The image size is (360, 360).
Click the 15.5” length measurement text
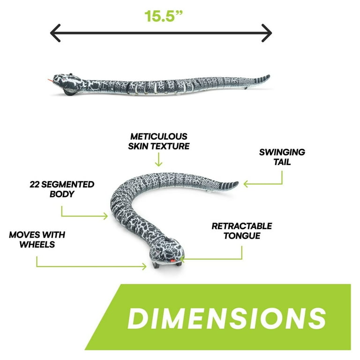coord(163,16)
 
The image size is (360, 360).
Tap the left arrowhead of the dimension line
coord(55,33)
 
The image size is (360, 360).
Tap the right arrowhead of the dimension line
coord(267,33)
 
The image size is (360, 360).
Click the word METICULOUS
coord(158,136)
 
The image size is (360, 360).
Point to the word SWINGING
coord(282,152)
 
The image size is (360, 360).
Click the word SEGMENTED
coord(67,184)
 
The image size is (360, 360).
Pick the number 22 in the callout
coord(35,184)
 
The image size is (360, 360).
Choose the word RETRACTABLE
coord(242,226)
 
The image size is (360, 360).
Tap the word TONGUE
coord(242,236)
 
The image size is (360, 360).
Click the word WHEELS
coord(37,245)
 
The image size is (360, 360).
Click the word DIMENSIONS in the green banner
coord(226,318)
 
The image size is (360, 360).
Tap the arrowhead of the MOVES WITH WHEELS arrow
coord(144,267)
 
